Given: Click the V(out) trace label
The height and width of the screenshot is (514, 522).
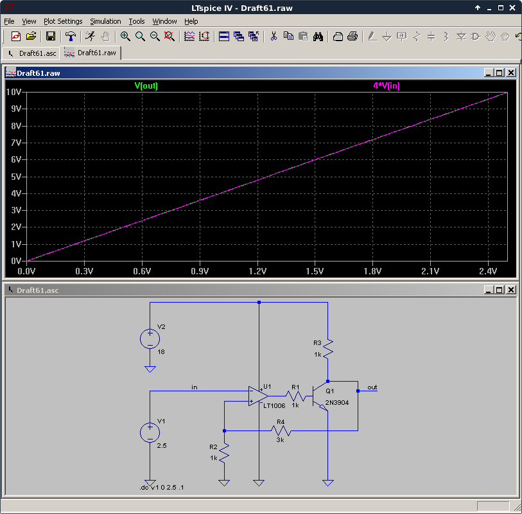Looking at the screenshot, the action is tap(146, 86).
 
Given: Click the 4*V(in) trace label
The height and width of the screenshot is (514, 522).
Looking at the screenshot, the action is tap(387, 86).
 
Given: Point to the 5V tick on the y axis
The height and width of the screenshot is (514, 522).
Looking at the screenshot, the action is tap(16, 176).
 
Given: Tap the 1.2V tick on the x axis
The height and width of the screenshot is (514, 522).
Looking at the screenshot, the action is tap(257, 271).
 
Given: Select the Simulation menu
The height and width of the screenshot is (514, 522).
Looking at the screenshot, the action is tap(105, 21).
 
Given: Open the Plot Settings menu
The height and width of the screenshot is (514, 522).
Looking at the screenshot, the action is tap(63, 21).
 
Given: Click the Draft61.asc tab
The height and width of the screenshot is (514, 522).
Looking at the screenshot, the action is tap(32, 53).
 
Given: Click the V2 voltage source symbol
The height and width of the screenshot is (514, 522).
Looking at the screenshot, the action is tap(150, 339).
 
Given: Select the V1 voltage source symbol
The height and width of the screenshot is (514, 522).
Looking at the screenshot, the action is tap(150, 432).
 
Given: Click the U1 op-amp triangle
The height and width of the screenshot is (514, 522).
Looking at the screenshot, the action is tap(258, 396).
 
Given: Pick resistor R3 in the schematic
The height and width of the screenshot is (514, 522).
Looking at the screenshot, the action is tap(328, 349).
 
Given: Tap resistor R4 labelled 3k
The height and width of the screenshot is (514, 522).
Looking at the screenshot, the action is tap(281, 430).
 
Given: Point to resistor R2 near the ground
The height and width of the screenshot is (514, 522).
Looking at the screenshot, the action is tap(224, 453).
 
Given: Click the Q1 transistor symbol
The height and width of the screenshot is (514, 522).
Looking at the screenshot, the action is tap(320, 396).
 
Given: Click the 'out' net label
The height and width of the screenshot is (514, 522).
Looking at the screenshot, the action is tap(372, 387).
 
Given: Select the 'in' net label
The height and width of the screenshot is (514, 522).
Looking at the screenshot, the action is tap(195, 387).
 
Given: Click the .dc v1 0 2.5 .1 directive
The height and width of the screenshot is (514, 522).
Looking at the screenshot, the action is tap(161, 488).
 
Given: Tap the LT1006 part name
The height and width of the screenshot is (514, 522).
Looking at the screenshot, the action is tap(274, 405).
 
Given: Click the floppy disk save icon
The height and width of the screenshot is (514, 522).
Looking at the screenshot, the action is tap(51, 36).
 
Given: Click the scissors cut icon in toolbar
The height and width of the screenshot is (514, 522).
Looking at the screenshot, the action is tap(274, 36).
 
